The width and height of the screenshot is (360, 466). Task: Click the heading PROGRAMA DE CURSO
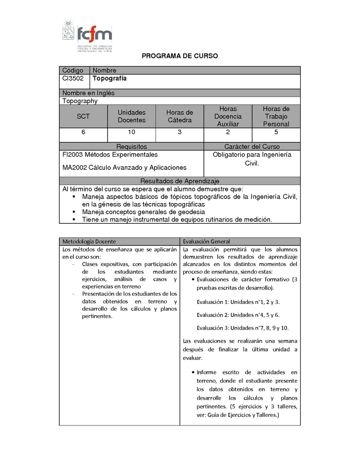[x=180, y=56]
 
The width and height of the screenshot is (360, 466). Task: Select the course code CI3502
[x=73, y=78]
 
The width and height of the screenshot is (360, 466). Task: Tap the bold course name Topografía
[x=109, y=78]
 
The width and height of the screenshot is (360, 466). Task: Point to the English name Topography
[x=80, y=101]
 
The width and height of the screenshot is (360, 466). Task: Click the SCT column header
[x=83, y=116]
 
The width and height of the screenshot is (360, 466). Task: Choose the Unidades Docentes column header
[x=131, y=116]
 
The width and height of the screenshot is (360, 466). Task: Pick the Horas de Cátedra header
[x=180, y=116]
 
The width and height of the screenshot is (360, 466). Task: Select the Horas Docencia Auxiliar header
[x=228, y=116]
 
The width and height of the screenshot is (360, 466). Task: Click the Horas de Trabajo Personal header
[x=276, y=116]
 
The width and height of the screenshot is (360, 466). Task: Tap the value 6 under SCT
[x=83, y=132]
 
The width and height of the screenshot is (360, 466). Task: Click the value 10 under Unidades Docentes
[x=131, y=132]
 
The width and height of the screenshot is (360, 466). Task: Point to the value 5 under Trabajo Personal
[x=276, y=132]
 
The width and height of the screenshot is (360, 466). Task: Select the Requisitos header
[x=131, y=147]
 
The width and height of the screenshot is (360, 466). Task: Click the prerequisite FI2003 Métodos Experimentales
[x=110, y=154]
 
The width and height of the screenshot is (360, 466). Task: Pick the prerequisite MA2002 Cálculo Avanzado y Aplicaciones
[x=124, y=167]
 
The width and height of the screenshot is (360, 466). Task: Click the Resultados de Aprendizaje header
[x=180, y=181]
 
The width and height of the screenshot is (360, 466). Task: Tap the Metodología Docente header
[x=89, y=241]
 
